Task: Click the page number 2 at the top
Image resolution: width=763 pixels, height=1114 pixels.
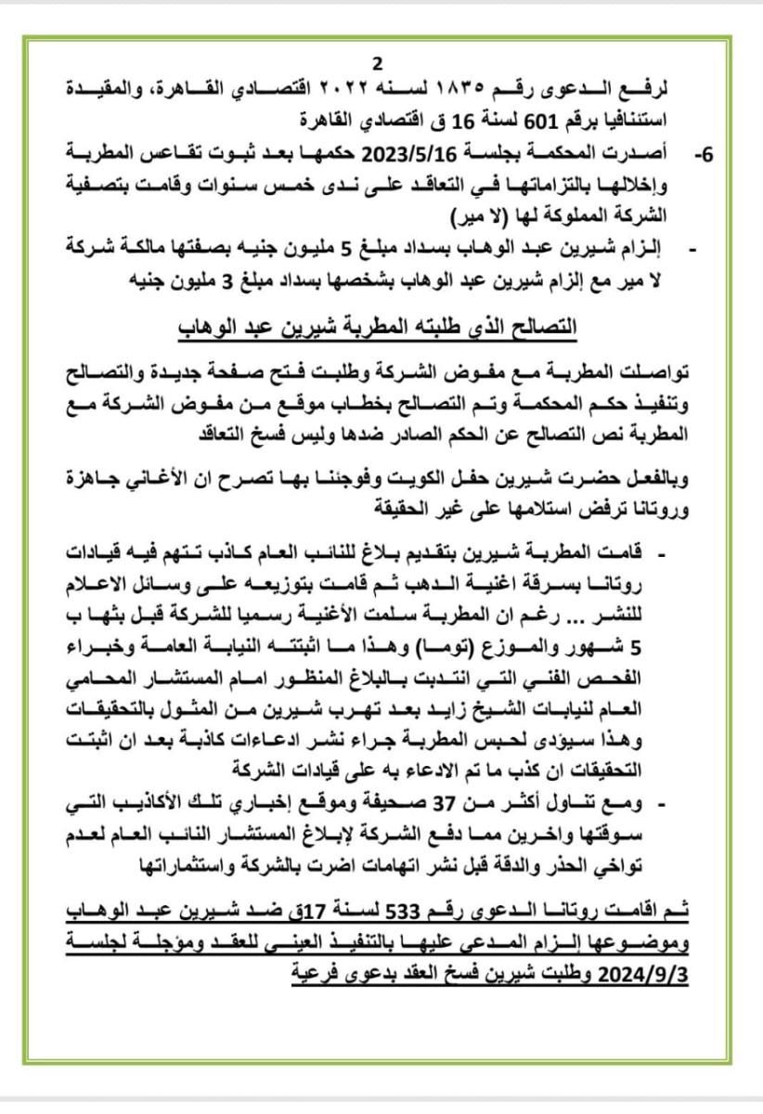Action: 377,64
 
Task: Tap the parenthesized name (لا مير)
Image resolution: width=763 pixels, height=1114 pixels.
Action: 473,219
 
